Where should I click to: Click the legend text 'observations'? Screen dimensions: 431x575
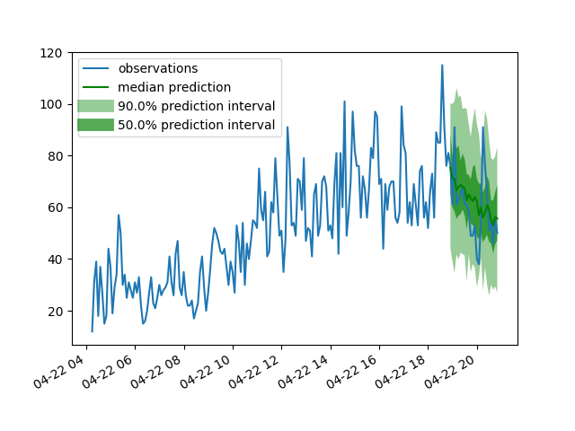157,68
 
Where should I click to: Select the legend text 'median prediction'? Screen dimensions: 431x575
174,87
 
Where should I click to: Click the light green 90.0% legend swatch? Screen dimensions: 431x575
95,106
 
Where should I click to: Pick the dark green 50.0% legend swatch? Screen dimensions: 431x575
95,125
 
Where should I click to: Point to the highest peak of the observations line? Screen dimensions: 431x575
442,65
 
